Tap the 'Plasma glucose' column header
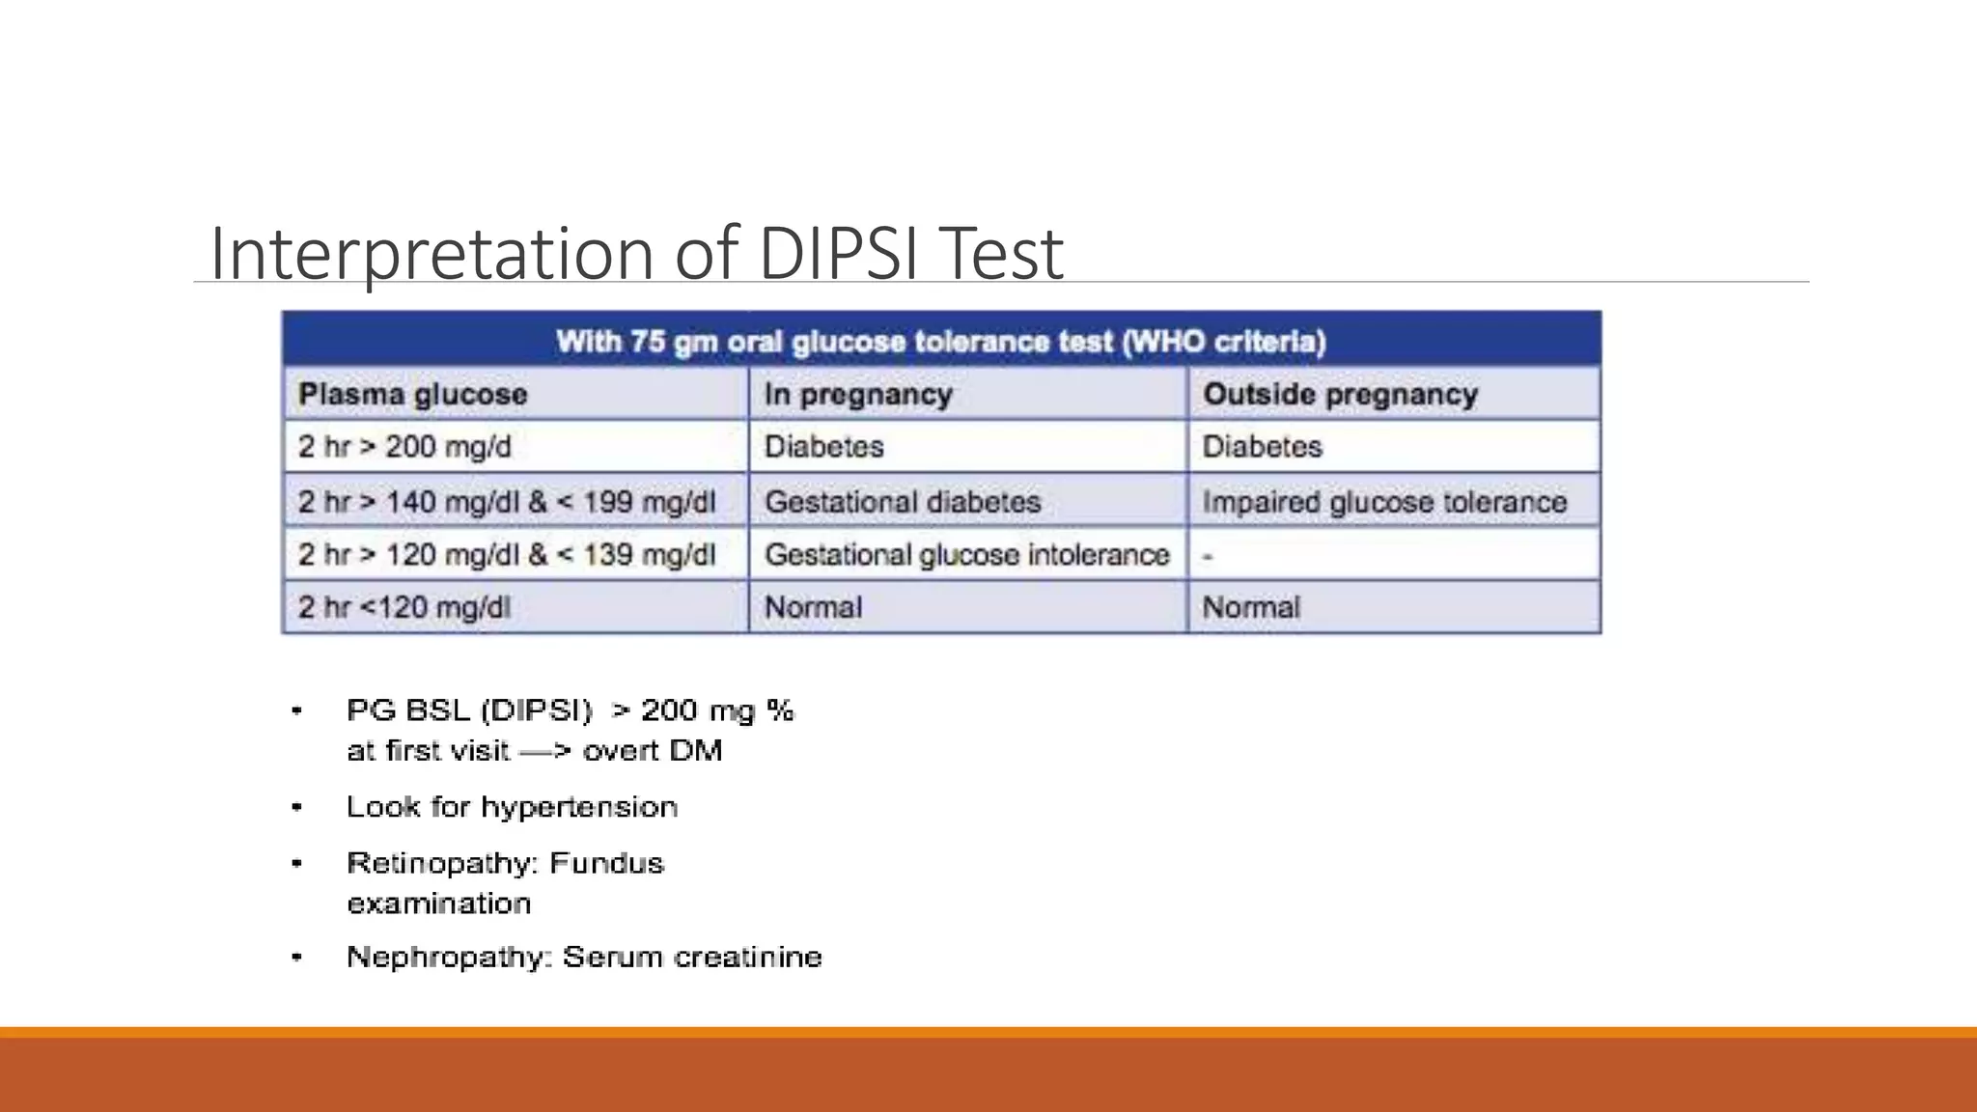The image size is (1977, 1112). tap(413, 394)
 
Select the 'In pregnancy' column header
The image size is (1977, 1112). tap(858, 394)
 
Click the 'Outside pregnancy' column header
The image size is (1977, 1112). tap(1340, 394)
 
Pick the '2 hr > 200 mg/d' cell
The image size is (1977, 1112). tap(404, 447)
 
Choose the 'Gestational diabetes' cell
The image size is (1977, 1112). tap(903, 502)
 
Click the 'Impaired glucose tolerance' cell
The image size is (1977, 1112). tap(1384, 502)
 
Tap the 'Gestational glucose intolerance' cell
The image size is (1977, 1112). tap(966, 555)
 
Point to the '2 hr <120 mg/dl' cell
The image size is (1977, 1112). tap(404, 607)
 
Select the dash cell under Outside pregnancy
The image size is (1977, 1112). tap(1208, 556)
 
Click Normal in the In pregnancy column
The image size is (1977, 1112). tap(813, 607)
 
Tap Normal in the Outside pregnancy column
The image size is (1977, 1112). tap(1251, 607)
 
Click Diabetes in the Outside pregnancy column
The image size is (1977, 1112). tap(1262, 447)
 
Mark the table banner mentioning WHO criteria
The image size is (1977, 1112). tap(941, 341)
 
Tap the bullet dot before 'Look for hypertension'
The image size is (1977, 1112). tap(297, 807)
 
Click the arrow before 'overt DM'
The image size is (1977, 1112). tap(545, 751)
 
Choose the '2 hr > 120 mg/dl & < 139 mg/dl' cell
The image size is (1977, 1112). tap(507, 555)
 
